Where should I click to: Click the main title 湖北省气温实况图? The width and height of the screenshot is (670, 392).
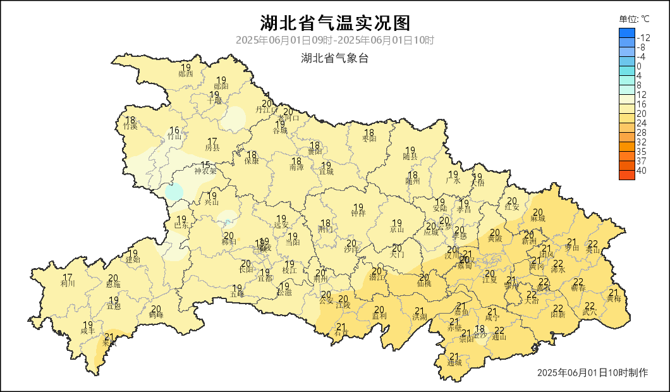coord(335,23)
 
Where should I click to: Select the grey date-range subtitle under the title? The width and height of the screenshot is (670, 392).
coord(335,40)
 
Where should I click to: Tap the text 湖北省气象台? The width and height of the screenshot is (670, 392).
coord(335,59)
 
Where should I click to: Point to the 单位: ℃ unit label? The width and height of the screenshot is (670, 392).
coord(634,19)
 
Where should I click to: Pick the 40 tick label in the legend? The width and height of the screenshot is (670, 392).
coord(642,171)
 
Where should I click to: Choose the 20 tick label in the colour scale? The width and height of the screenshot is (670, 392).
coord(642,113)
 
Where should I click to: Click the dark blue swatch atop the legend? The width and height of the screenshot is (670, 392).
coord(626,33)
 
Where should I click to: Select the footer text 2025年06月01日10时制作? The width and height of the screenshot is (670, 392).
coord(592,373)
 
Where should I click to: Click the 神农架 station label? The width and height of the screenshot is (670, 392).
coord(205,171)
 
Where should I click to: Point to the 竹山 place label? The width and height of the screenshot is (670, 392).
coord(174,137)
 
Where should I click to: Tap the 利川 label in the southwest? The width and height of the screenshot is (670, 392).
coord(68,283)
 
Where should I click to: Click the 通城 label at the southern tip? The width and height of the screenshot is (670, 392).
coord(454,363)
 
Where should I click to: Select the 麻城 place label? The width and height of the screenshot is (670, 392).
coord(538,218)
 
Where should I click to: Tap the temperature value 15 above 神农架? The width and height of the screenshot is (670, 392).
coord(205,164)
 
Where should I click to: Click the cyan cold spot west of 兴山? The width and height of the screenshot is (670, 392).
coord(174,192)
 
